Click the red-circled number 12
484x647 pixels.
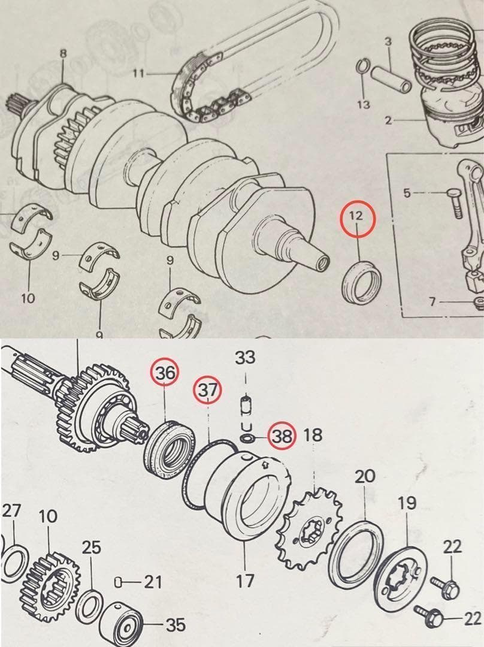coord(356,216)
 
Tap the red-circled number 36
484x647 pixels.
coord(165,372)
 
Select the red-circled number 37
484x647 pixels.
coord(207,389)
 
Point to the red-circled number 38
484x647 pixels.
coord(282,436)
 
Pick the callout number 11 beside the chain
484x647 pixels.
coord(139,74)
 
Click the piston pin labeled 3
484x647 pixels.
coord(391,79)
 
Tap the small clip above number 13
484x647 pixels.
coord(362,67)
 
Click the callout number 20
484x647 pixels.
coord(365,477)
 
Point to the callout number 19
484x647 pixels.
coord(407,503)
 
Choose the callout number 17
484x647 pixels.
coord(244,581)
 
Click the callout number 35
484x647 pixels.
coord(176,625)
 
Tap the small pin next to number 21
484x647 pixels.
coord(117,582)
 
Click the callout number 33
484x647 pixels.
coord(245,357)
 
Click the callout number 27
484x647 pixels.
coord(11,511)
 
